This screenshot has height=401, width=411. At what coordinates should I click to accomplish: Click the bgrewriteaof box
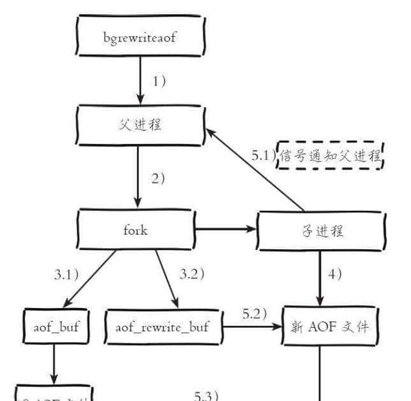tap(140, 36)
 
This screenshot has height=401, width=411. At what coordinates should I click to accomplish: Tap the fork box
tap(135, 230)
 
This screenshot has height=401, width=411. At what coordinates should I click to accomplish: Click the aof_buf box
tap(55, 327)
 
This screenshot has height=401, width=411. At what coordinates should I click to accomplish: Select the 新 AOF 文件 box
tap(329, 328)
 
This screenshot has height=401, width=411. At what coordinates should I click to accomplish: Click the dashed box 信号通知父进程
tap(331, 156)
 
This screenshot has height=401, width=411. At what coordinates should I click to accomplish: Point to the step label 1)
tap(159, 82)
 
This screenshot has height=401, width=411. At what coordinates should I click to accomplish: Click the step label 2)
tap(158, 179)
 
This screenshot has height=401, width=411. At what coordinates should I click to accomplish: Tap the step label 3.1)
tap(66, 275)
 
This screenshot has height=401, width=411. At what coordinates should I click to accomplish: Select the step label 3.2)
tap(192, 274)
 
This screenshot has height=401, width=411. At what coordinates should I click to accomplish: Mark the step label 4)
tap(335, 275)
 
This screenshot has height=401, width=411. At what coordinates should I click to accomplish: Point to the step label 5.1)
tap(262, 155)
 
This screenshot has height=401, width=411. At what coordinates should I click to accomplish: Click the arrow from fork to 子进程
tap(226, 229)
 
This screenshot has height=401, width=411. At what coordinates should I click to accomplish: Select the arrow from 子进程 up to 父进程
tap(256, 169)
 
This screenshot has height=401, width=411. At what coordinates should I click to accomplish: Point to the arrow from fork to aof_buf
tap(91, 277)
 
